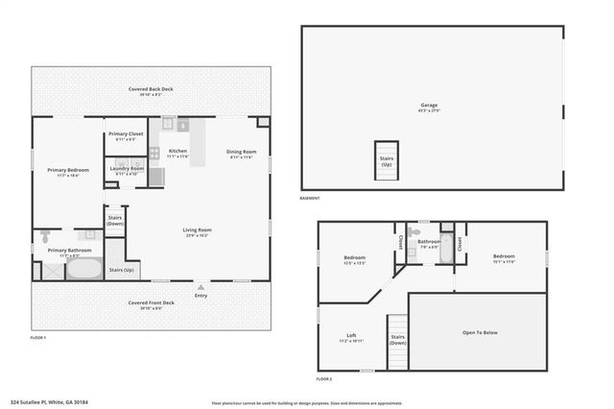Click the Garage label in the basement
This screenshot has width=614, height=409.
428,108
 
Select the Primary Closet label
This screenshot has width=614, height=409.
126,136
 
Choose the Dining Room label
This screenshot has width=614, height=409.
241,153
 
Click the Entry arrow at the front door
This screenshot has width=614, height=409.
200,286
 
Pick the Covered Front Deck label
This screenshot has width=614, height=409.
152,304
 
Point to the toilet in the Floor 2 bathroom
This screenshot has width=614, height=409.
413,231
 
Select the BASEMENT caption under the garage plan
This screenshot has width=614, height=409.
310,198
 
